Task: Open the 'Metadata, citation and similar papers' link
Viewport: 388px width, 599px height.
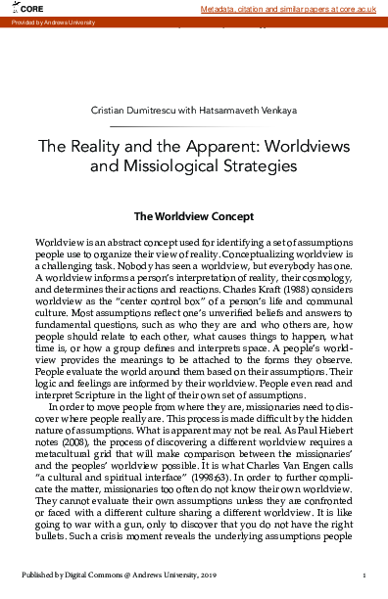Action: (289, 8)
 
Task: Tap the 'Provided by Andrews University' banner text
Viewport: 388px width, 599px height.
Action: (49, 21)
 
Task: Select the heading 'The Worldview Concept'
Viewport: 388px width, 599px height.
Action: (194, 216)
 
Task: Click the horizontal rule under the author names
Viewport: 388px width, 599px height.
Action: (194, 127)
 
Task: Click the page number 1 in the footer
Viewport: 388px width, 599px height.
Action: (364, 577)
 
